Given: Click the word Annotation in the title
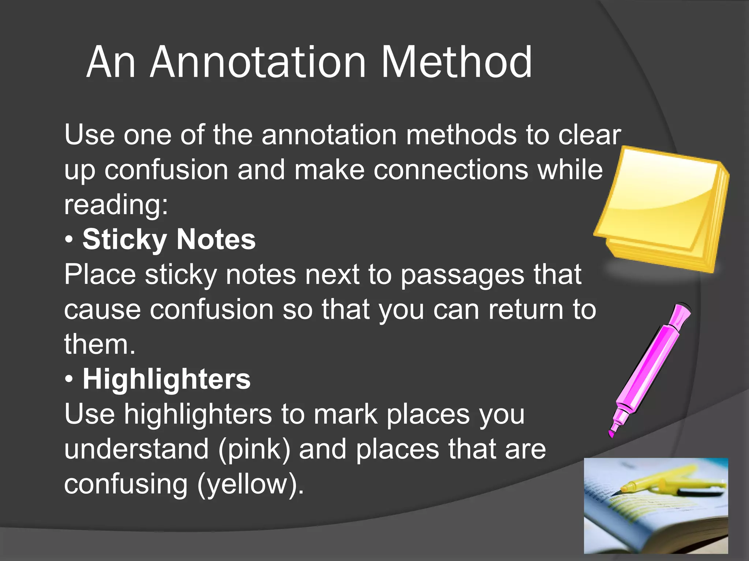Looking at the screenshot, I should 258,63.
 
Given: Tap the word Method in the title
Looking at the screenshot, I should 456,63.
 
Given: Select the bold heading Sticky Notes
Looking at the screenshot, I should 169,240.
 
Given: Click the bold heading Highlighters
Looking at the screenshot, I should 167,379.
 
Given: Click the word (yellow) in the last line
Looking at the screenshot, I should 251,484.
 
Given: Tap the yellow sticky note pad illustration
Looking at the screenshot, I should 662,208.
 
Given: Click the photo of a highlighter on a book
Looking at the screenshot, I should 656,505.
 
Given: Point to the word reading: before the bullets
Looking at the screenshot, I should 116,205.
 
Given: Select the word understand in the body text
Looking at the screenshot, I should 136,449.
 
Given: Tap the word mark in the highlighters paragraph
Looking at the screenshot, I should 346,415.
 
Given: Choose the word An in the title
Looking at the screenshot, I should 111,63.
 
